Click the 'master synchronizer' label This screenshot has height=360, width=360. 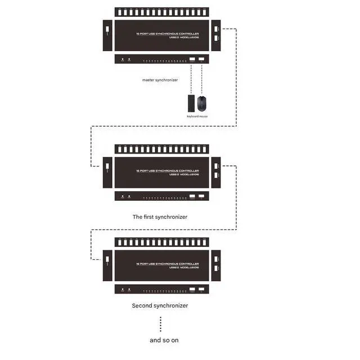pyautogui.click(x=160, y=80)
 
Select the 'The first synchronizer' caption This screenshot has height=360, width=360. pyautogui.click(x=160, y=217)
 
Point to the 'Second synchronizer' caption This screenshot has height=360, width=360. pyautogui.click(x=160, y=305)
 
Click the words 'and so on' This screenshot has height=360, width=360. pyautogui.click(x=164, y=340)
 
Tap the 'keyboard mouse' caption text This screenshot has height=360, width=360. pyautogui.click(x=197, y=116)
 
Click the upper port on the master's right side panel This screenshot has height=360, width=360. pyautogui.click(x=215, y=29)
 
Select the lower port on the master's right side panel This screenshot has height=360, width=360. pyautogui.click(x=215, y=38)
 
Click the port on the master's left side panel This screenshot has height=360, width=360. pyautogui.click(x=107, y=29)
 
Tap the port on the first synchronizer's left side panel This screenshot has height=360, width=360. pyautogui.click(x=107, y=166)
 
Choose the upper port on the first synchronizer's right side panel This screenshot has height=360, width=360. pyautogui.click(x=215, y=165)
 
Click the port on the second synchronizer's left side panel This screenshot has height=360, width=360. pyautogui.click(x=107, y=259)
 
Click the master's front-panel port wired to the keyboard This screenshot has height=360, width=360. pyautogui.click(x=192, y=59)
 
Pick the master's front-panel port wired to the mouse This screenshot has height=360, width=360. pyautogui.click(x=202, y=59)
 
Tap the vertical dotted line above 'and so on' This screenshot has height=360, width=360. pyautogui.click(x=160, y=324)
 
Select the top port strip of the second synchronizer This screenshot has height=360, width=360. pyautogui.click(x=161, y=242)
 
